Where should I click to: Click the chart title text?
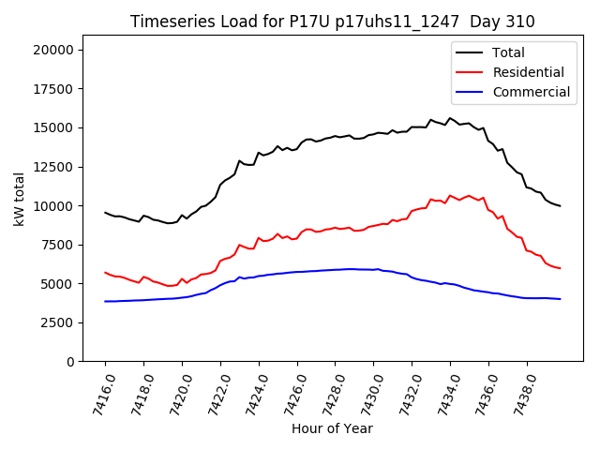(x=333, y=22)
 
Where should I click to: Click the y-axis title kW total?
(x=19, y=202)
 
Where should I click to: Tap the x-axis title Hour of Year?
(x=332, y=428)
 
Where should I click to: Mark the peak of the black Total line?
(x=450, y=118)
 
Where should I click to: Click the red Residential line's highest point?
(x=450, y=195)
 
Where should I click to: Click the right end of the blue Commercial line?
(x=560, y=299)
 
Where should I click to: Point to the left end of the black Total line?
(x=105, y=213)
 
